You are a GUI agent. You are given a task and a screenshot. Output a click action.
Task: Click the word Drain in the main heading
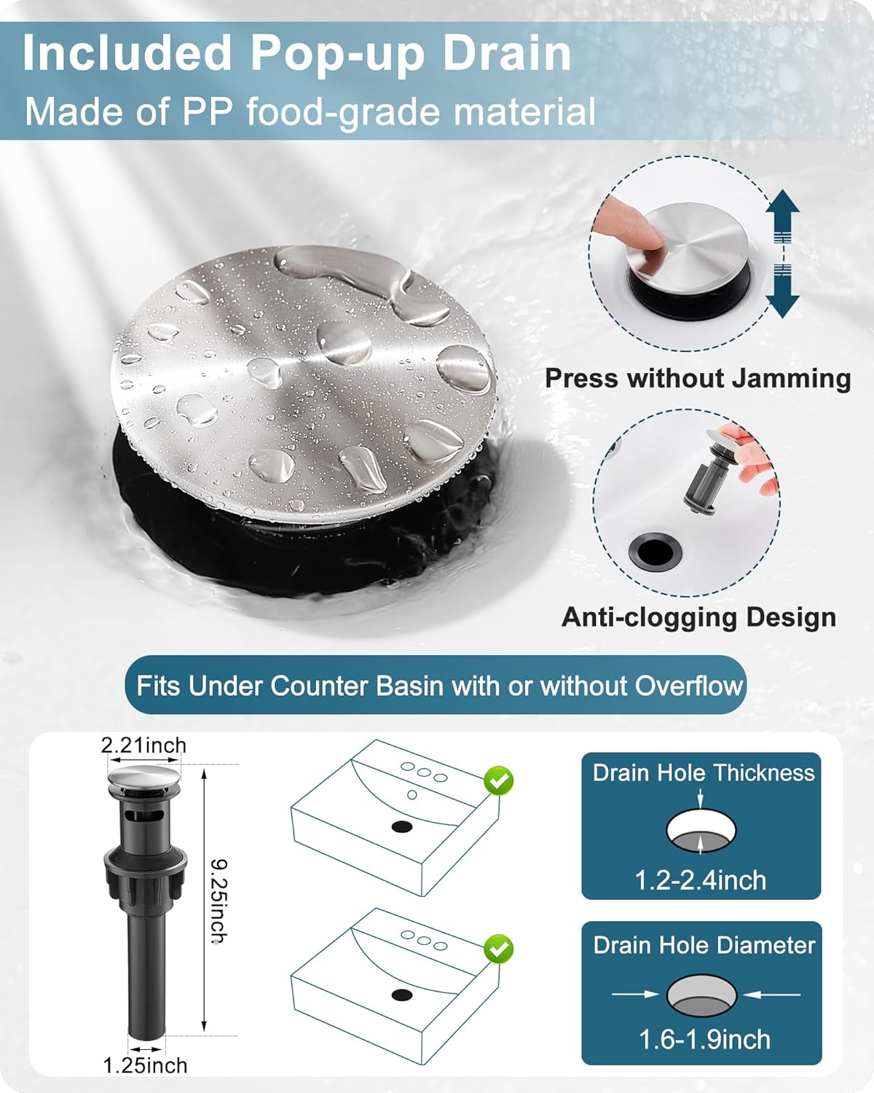point(508,52)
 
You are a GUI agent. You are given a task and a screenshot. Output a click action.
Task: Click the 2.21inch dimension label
point(143,745)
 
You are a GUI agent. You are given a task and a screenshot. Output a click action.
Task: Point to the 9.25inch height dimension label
point(219,901)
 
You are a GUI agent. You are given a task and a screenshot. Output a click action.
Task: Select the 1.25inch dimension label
point(145,1065)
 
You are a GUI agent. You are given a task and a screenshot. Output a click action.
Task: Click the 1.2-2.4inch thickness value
point(701,880)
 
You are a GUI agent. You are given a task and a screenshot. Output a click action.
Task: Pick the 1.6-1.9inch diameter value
point(704,1025)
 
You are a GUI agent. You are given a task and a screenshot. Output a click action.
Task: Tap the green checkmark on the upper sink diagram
point(499,780)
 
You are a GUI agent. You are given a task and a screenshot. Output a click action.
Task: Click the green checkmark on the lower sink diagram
point(499,949)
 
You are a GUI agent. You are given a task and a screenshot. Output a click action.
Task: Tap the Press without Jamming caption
point(698,379)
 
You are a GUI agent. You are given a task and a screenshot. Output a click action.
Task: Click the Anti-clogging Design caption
point(698,618)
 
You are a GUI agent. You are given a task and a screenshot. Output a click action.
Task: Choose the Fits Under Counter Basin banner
point(436,686)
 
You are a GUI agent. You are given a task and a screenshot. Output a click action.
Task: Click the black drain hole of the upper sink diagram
point(402,827)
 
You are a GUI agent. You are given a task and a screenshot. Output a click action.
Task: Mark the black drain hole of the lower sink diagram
point(402,995)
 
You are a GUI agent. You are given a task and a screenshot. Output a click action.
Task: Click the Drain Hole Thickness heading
point(704,773)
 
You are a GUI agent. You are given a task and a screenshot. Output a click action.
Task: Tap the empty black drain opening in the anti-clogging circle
point(655,552)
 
